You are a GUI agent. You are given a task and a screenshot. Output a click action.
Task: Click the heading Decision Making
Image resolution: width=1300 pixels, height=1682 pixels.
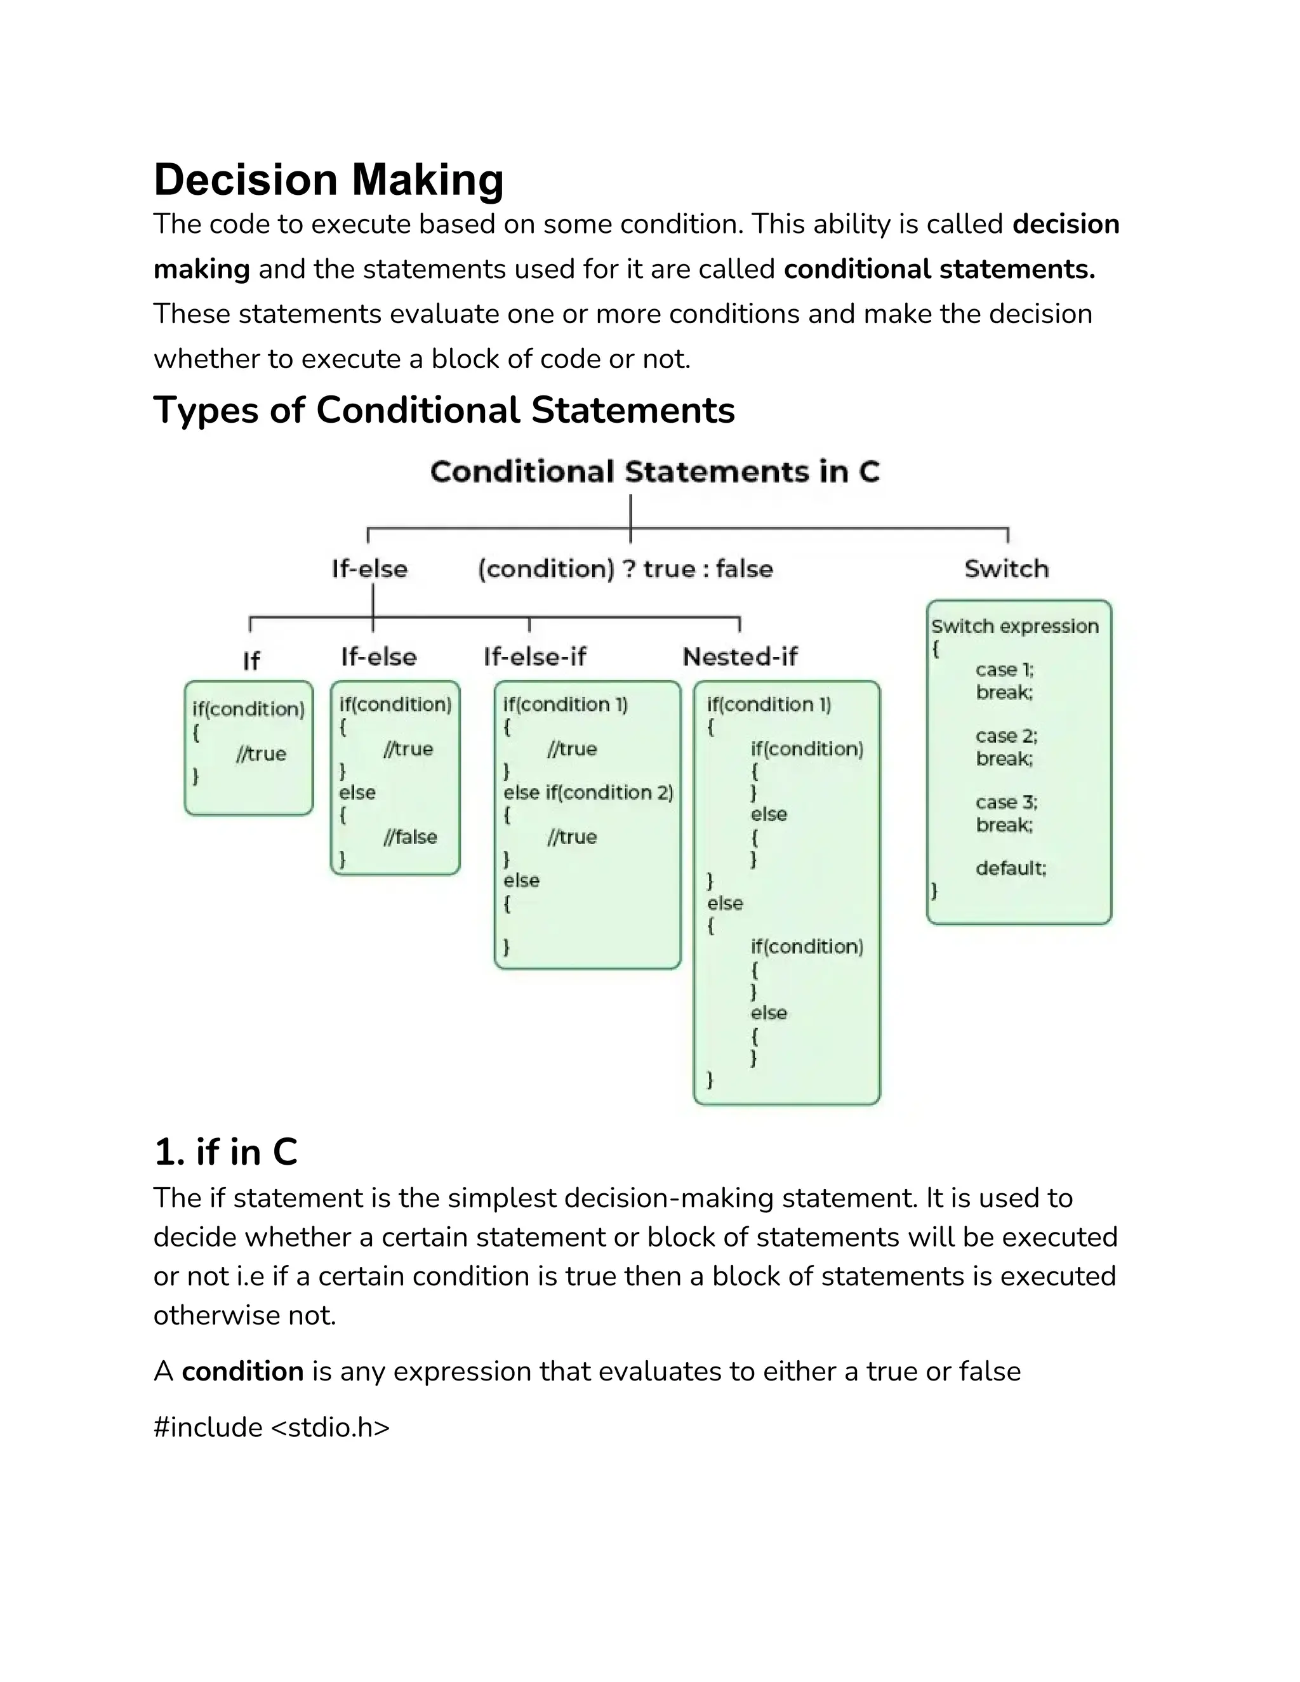pyautogui.click(x=329, y=180)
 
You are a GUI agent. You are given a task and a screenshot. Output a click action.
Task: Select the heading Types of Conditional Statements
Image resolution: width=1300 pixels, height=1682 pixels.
pyautogui.click(x=444, y=410)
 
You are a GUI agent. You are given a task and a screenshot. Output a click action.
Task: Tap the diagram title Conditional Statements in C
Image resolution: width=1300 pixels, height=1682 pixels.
pyautogui.click(x=654, y=472)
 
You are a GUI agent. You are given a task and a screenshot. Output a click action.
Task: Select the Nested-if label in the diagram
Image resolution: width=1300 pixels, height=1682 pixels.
pyautogui.click(x=740, y=656)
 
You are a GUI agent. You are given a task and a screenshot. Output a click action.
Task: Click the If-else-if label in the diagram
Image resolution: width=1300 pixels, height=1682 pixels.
pyautogui.click(x=534, y=656)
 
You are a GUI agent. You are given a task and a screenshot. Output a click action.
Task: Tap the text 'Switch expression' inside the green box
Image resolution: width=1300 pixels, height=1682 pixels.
pyautogui.click(x=1014, y=626)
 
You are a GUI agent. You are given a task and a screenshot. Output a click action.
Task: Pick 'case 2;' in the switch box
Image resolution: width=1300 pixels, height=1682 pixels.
pyautogui.click(x=1006, y=736)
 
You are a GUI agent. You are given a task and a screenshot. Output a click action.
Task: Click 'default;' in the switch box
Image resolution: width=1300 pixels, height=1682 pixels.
pyautogui.click(x=1011, y=869)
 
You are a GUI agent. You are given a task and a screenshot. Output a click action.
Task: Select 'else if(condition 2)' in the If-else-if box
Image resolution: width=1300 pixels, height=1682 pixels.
pyautogui.click(x=588, y=793)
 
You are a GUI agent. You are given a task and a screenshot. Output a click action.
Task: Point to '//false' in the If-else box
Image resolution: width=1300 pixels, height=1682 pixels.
pyautogui.click(x=409, y=837)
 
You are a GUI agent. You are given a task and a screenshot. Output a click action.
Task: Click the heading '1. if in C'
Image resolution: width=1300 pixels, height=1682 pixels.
pyautogui.click(x=225, y=1152)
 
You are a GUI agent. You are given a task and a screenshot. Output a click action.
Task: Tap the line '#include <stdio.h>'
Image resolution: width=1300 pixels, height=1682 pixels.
pyautogui.click(x=271, y=1427)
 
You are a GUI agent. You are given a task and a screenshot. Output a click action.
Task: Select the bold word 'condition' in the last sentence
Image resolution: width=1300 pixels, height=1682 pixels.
pyautogui.click(x=242, y=1371)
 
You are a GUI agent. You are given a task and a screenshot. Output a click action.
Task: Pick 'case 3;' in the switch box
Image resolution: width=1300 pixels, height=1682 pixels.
pyautogui.click(x=1006, y=802)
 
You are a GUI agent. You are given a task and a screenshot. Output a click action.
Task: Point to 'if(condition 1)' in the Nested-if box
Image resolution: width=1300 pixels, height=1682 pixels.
pyautogui.click(x=769, y=705)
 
